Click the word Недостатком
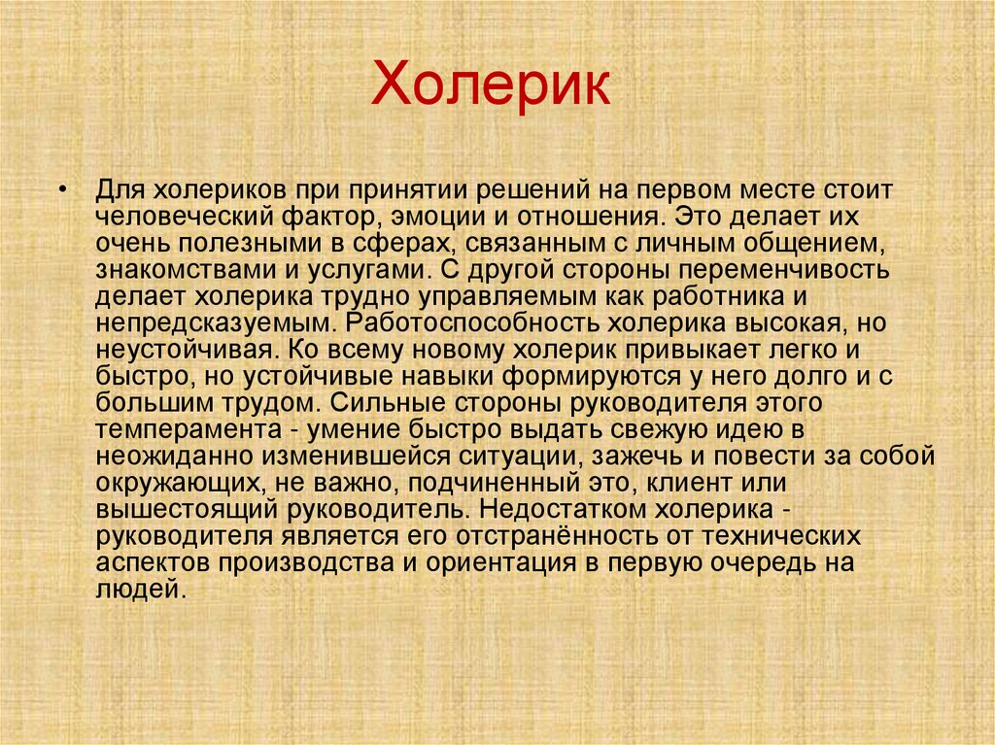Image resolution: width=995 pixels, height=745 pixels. point(570,508)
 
